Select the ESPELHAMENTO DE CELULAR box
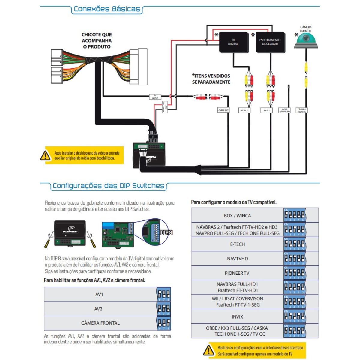point(270,42)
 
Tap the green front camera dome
point(306,41)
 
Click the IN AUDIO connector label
point(155,97)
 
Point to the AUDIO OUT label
point(223,110)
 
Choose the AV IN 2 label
point(244,110)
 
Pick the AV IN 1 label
point(267,110)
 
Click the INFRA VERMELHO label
point(284,110)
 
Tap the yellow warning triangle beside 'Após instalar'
point(45,155)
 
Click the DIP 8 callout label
point(166,232)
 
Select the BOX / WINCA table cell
point(237,216)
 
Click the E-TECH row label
point(237,244)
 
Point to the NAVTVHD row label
point(237,259)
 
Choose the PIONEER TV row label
point(237,273)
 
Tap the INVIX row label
point(237,317)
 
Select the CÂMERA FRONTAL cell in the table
point(100,323)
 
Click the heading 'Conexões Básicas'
point(107,9)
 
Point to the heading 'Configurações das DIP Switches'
point(108,186)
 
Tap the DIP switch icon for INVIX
point(295,316)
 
